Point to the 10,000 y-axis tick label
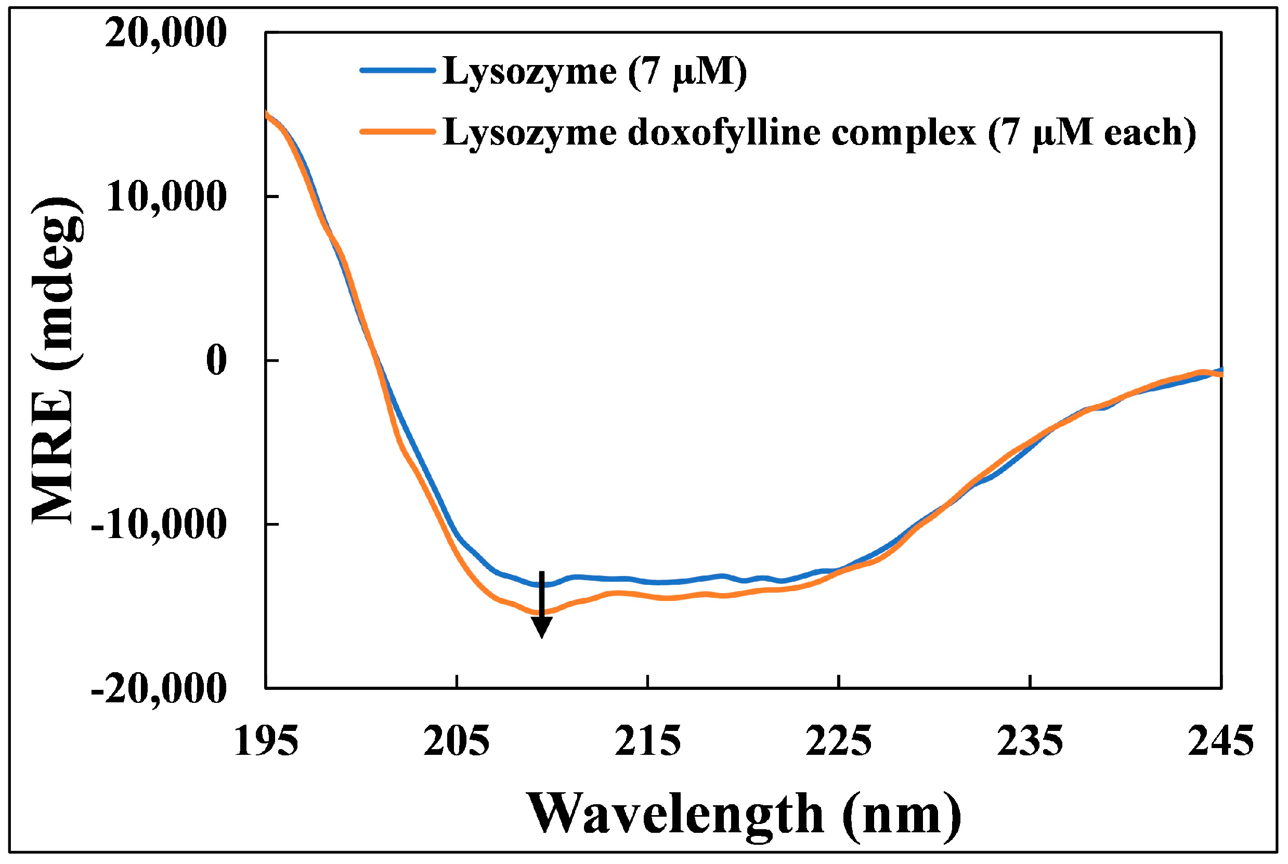tap(165, 197)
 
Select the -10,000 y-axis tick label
tap(159, 525)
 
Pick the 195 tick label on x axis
tap(266, 742)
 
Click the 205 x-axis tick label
tap(457, 742)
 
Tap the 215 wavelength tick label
tap(647, 742)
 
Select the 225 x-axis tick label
tap(839, 742)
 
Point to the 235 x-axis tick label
tap(1030, 742)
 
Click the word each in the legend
tap(1143, 133)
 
